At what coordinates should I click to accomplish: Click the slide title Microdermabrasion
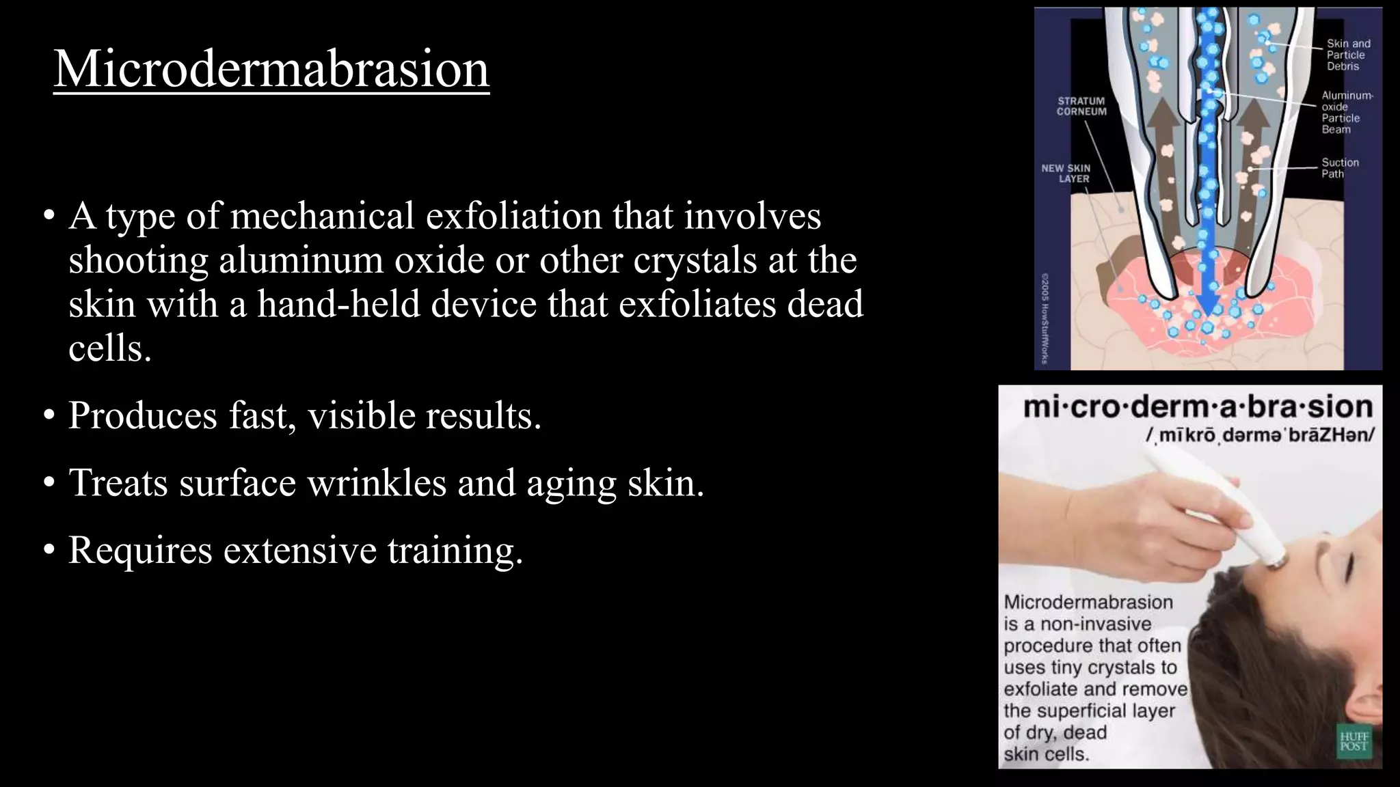click(271, 68)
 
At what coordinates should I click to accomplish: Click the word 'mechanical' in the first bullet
click(323, 216)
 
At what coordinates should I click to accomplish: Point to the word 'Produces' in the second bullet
click(143, 415)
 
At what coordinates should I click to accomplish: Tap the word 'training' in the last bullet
click(455, 550)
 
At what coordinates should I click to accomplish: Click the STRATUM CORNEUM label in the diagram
click(1081, 106)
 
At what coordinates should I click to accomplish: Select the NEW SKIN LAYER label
click(1066, 173)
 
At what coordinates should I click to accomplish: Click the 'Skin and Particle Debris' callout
click(1348, 55)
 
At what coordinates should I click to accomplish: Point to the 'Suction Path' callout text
click(1340, 168)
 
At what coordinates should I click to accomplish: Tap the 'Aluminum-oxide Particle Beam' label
click(1346, 113)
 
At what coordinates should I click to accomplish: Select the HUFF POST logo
click(1354, 741)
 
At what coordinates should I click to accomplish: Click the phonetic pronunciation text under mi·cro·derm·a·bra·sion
click(1260, 435)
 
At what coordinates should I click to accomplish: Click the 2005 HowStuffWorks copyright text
click(1045, 318)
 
